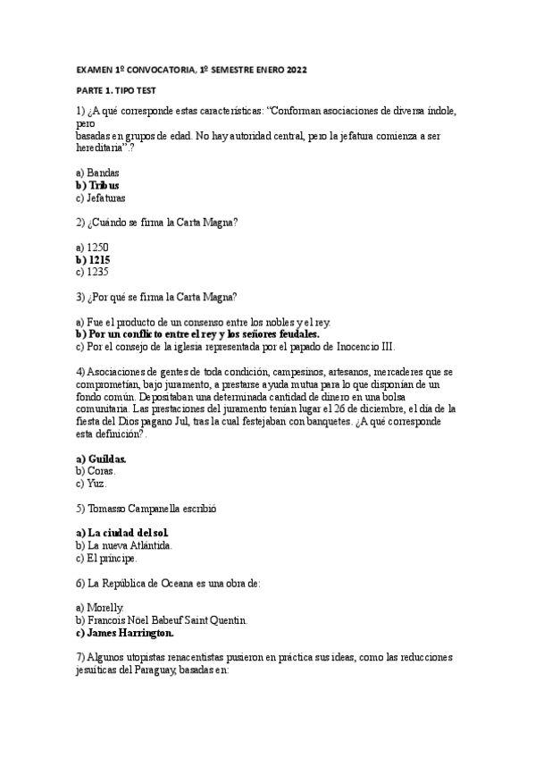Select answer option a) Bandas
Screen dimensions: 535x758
point(98,173)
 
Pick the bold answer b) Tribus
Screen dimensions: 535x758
point(98,185)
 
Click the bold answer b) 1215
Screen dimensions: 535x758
point(94,259)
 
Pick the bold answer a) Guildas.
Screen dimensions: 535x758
point(102,459)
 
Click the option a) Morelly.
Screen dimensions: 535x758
point(100,608)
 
